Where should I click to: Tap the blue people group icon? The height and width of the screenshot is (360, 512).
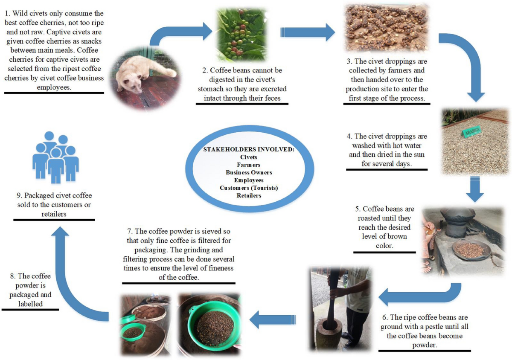[x=55, y=156]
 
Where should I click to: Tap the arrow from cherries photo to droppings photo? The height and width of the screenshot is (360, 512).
[x=308, y=32]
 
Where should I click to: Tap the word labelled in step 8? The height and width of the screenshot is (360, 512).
[x=30, y=303]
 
